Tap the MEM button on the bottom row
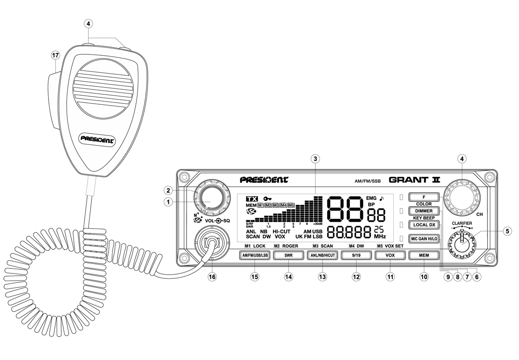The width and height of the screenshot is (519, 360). [x=424, y=255]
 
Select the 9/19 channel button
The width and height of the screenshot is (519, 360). [x=356, y=255]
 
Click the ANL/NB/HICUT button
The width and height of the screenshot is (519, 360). [x=323, y=255]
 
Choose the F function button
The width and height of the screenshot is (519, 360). [x=424, y=197]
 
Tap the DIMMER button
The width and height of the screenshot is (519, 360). [x=424, y=211]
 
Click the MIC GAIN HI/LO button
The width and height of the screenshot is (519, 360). [x=424, y=238]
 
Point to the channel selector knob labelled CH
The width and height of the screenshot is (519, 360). [x=462, y=196]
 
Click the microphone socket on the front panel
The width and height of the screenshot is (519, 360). [x=210, y=243]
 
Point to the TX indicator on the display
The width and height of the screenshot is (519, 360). [x=251, y=199]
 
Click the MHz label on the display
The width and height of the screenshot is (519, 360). [x=380, y=237]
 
